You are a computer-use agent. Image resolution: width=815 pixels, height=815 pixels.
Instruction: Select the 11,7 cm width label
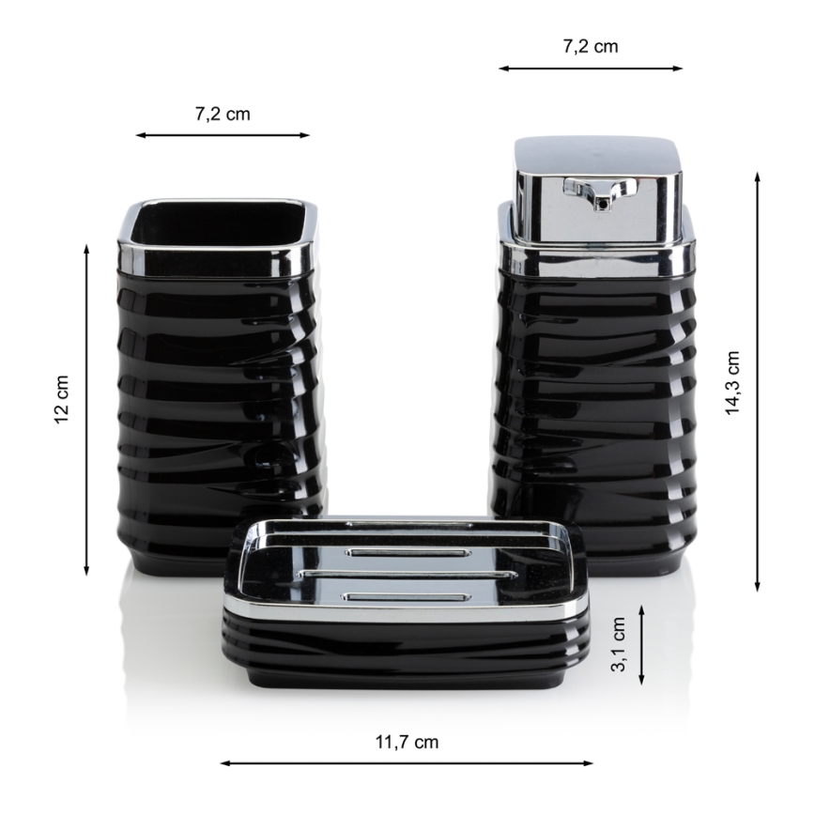click(x=407, y=742)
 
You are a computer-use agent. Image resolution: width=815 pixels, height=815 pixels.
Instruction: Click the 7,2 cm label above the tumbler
click(x=223, y=115)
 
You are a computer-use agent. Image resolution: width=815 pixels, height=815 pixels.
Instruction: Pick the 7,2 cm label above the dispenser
click(x=591, y=46)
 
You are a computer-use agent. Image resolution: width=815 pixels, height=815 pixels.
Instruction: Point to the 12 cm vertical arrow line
click(x=86, y=409)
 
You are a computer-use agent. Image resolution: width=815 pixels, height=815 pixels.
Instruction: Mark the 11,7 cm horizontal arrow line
click(x=406, y=762)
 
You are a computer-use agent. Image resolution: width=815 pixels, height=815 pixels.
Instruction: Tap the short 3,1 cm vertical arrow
click(x=641, y=644)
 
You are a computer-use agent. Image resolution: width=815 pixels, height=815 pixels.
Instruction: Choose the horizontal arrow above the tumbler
click(x=223, y=135)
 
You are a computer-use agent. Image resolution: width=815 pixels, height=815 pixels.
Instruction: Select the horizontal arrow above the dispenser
click(x=591, y=69)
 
